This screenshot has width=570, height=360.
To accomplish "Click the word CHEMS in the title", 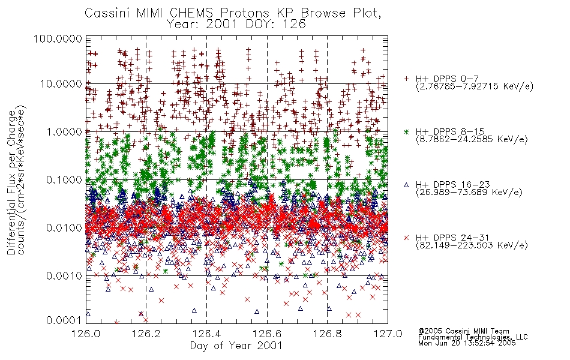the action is click(x=191, y=13).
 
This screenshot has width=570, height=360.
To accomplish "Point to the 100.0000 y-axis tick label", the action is click(x=58, y=38).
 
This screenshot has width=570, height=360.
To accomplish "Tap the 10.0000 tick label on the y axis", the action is click(x=61, y=84).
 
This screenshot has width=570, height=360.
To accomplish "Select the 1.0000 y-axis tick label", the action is click(x=64, y=131).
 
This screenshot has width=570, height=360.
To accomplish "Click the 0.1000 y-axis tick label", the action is click(x=64, y=179).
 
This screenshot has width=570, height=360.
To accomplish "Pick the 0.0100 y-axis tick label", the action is click(x=64, y=228).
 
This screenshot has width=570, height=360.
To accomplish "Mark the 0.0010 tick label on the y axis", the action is click(x=64, y=276).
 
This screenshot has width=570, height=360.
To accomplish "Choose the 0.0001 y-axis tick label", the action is click(x=64, y=320).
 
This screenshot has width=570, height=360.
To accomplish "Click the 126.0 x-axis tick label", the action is click(x=86, y=334).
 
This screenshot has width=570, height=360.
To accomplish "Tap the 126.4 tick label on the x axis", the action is click(x=206, y=334).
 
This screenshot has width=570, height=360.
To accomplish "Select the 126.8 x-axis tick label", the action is click(x=328, y=334).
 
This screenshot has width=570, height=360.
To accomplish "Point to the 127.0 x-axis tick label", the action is click(x=388, y=334).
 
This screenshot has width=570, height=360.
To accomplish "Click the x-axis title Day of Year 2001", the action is click(x=236, y=346).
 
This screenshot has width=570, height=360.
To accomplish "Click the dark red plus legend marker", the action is click(x=406, y=79).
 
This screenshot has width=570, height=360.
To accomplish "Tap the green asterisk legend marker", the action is click(x=406, y=131).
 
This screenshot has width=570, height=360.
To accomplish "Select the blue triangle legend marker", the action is click(x=406, y=185).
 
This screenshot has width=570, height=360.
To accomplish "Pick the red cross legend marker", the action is click(x=406, y=238).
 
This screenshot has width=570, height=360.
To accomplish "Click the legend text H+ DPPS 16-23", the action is click(x=452, y=184).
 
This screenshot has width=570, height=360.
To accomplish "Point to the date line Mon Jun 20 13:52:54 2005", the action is click(x=467, y=343).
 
